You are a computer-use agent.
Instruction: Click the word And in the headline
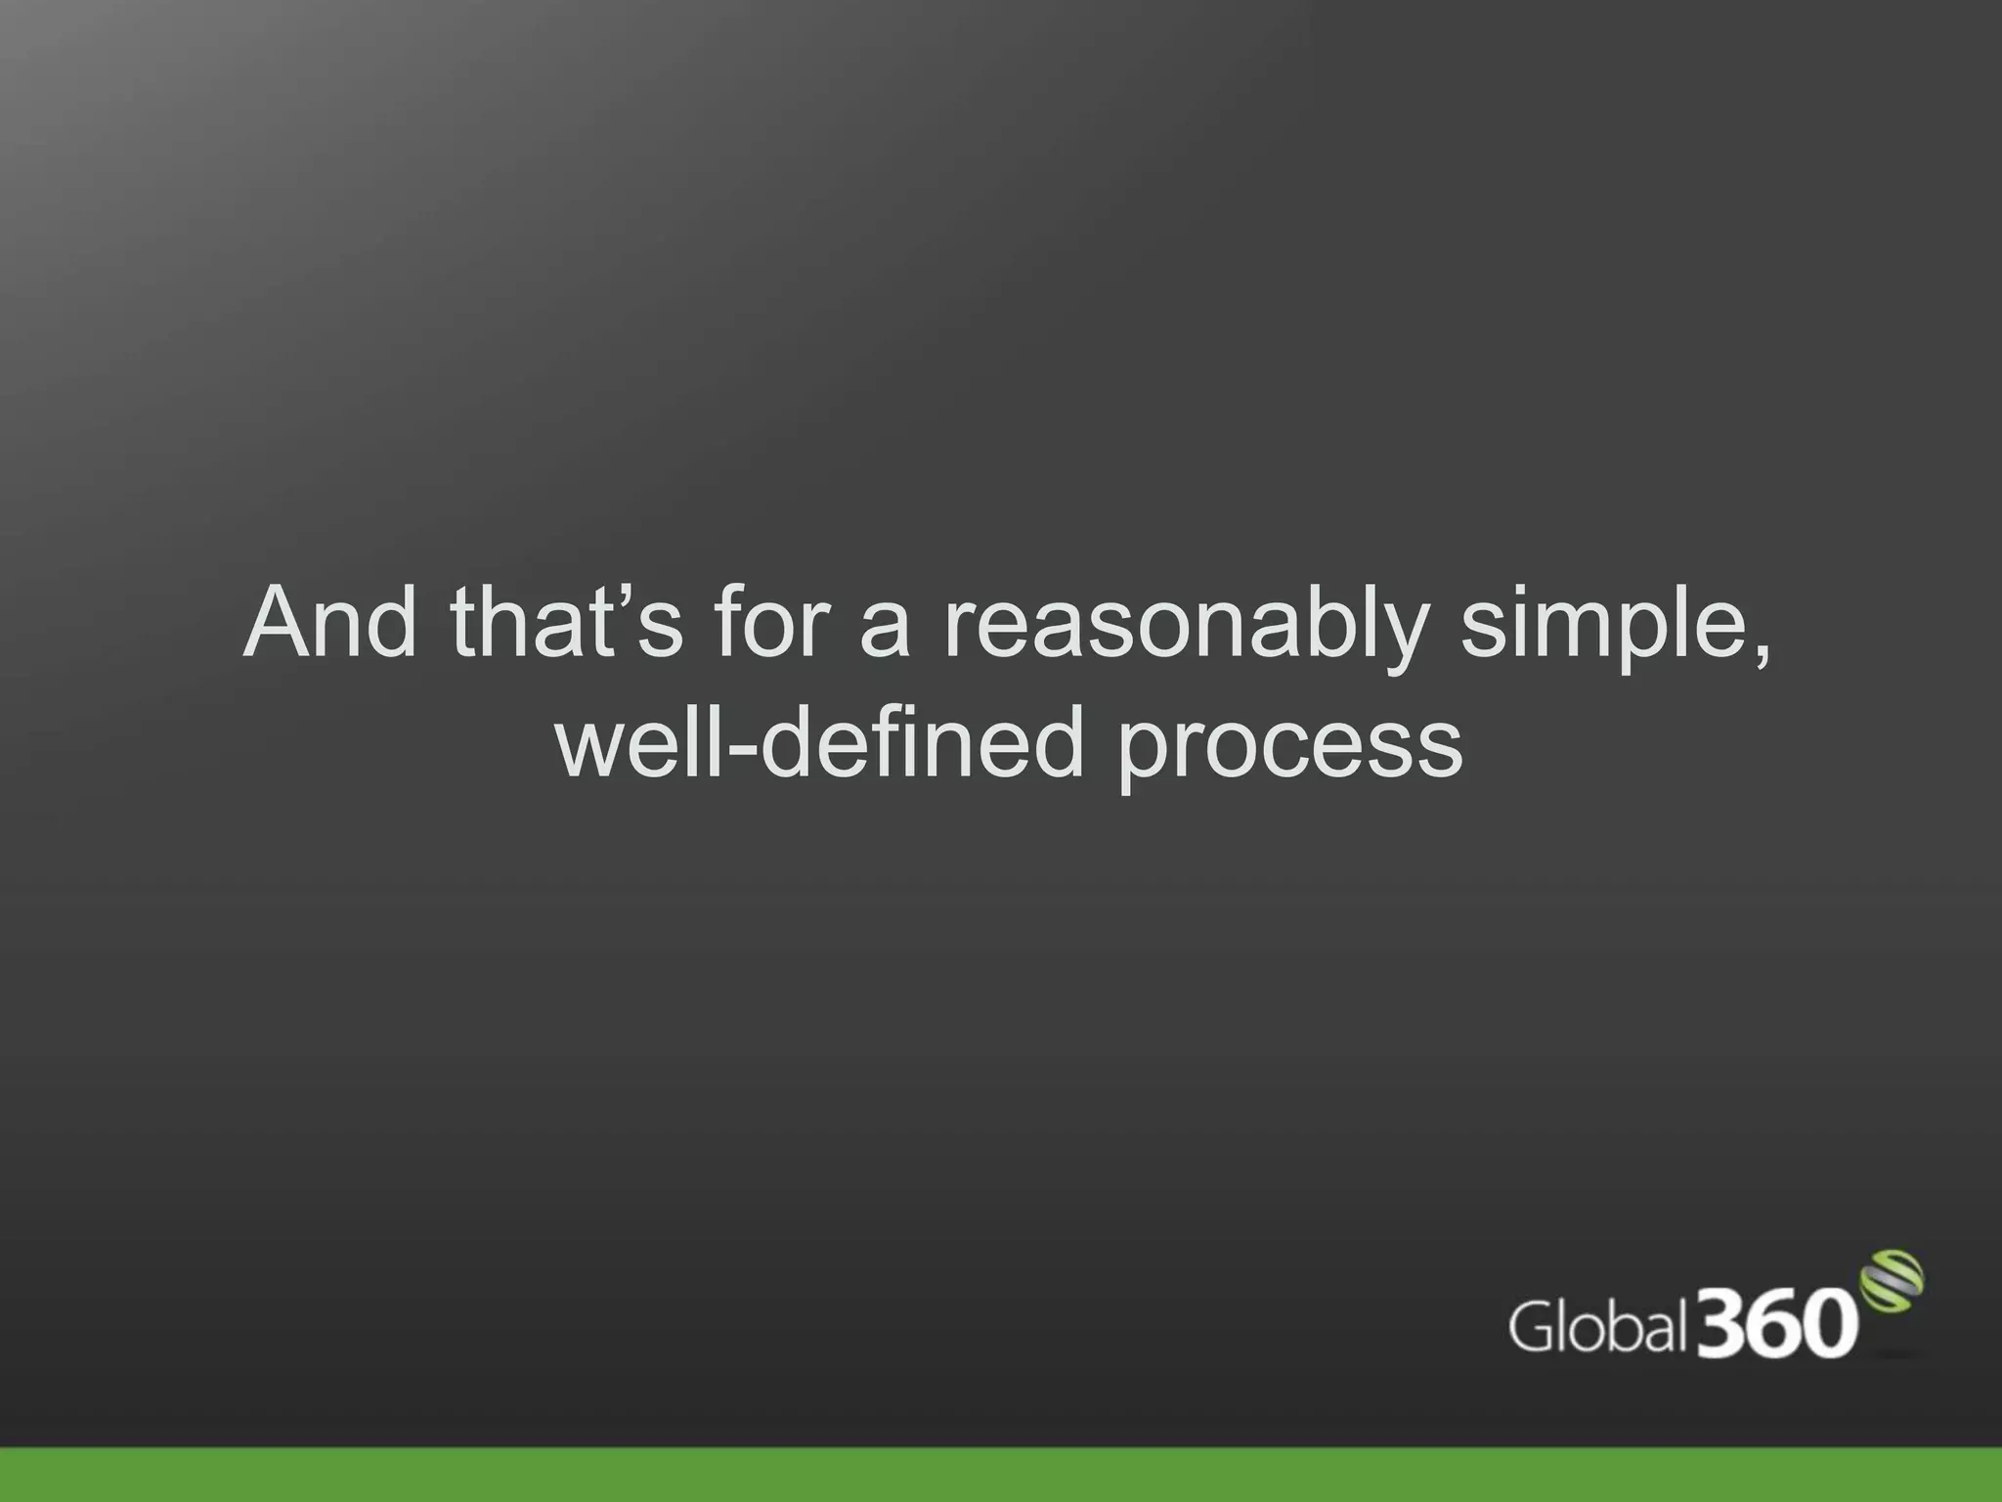click(x=329, y=623)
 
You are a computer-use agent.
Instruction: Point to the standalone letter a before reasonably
click(x=885, y=631)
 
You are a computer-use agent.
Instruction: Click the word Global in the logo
click(x=1597, y=1327)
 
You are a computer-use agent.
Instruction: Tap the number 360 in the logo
click(x=1776, y=1322)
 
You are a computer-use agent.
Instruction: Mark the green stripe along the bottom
click(x=1001, y=1475)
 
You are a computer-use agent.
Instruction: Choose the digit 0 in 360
click(x=1829, y=1323)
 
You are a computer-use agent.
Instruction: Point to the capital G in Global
click(x=1532, y=1327)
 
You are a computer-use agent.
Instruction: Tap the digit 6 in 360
click(x=1776, y=1322)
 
